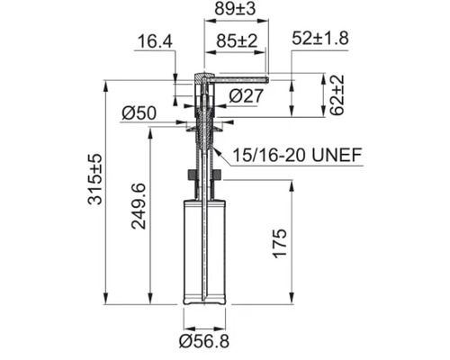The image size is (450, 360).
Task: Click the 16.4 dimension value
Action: coord(154,42)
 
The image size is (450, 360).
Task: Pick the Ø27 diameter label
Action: coord(245,94)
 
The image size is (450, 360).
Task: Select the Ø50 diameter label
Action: coord(139,112)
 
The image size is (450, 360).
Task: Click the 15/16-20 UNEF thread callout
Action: coord(296,157)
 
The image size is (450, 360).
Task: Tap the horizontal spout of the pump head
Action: coord(239,79)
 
